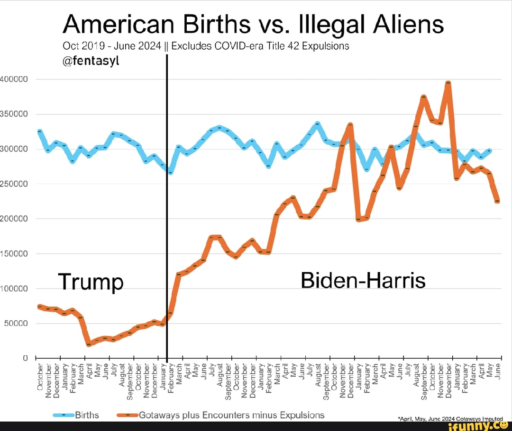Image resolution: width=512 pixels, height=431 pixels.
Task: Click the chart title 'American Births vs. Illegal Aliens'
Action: point(253,24)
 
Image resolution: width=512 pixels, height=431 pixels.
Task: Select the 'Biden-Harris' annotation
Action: point(363,280)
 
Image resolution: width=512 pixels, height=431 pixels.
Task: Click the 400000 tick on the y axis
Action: point(14,79)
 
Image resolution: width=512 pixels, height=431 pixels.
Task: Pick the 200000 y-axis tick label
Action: point(14,219)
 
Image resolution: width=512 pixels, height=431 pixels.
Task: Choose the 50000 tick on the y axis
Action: point(17,324)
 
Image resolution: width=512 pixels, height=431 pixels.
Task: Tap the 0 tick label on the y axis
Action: point(27,358)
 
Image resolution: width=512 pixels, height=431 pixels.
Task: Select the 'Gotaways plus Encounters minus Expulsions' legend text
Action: point(232,415)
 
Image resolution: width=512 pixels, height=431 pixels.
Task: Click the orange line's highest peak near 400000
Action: point(448,83)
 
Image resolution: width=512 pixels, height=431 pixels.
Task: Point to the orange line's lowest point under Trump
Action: point(88,344)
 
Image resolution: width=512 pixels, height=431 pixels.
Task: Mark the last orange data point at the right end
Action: point(497,201)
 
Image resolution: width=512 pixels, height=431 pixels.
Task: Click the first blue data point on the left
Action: point(40,132)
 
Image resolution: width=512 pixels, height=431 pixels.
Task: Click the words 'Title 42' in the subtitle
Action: point(291,46)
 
